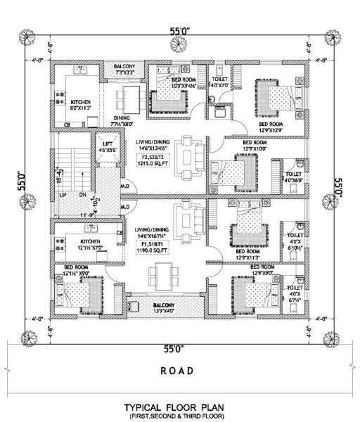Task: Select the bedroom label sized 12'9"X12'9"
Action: (x=274, y=127)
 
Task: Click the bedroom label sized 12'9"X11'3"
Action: (x=250, y=255)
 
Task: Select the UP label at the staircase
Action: (x=63, y=194)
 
